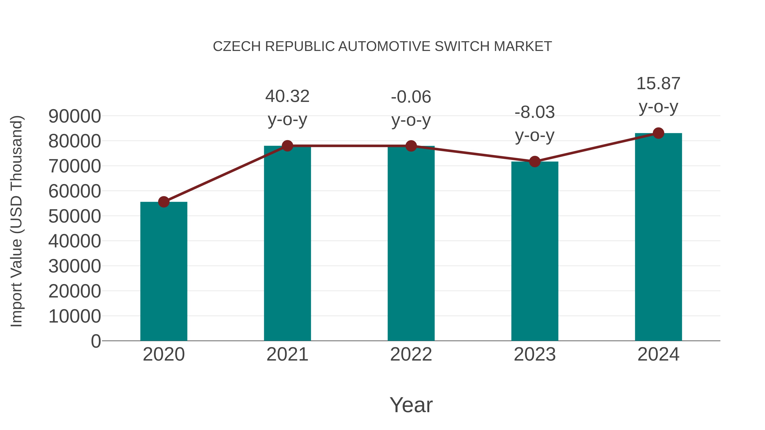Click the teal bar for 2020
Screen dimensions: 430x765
[164, 272]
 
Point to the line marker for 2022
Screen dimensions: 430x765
[411, 146]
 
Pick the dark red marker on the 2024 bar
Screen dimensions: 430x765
[658, 133]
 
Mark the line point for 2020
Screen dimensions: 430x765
[164, 202]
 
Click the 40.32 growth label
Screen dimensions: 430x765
[287, 96]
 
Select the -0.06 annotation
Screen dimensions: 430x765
[411, 97]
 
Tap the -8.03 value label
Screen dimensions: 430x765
[535, 113]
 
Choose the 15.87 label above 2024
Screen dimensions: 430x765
[658, 84]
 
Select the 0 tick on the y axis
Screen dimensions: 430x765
[96, 341]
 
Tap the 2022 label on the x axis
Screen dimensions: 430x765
[411, 354]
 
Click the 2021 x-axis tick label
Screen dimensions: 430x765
[287, 354]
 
